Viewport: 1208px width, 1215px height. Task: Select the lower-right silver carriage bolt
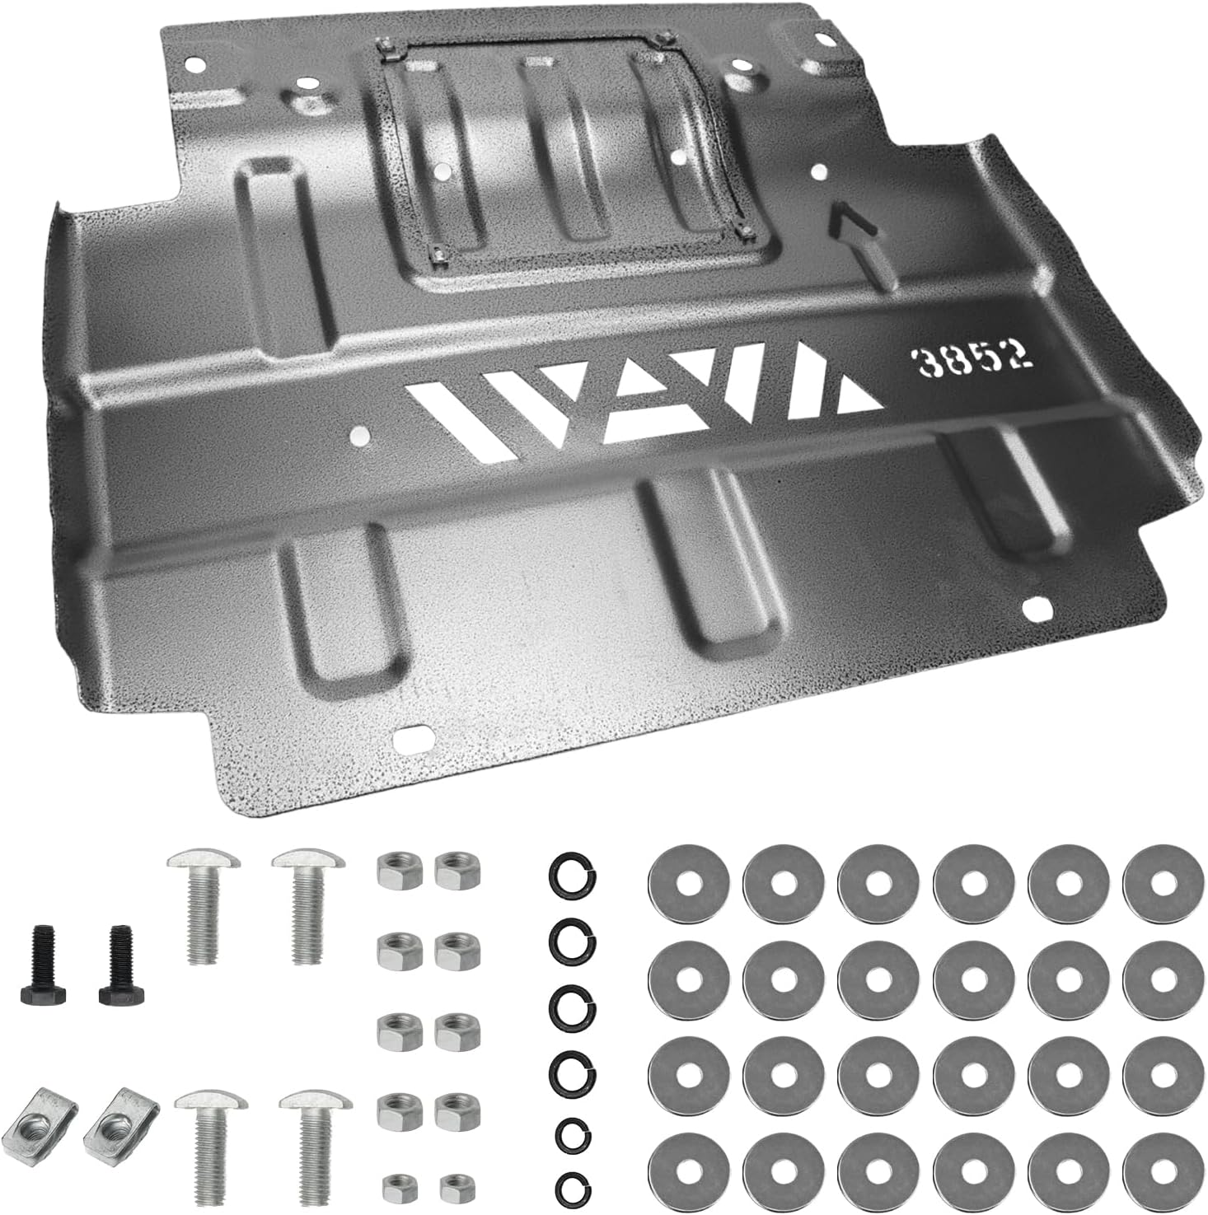tap(315, 1145)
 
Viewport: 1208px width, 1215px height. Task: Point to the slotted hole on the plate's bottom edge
tap(414, 738)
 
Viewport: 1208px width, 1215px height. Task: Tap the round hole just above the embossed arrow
tap(819, 171)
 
